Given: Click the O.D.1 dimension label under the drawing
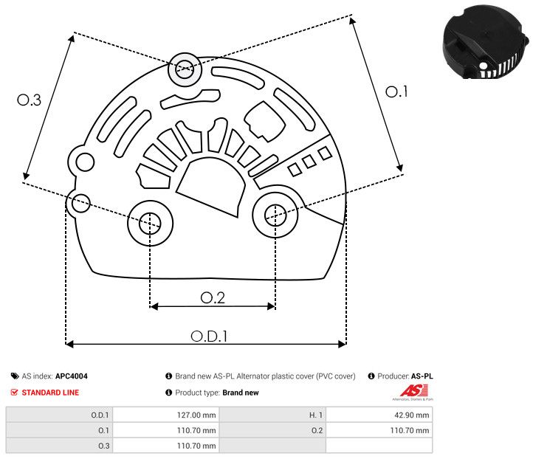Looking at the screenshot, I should coord(209,336).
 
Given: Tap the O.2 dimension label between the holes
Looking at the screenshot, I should coord(213,297).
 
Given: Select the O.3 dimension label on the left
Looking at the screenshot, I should coord(29,100).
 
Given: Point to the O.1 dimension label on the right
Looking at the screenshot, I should coord(396,92).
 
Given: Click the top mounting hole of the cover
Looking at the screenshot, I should coord(184,71).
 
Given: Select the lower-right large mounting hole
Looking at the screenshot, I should coord(275,215).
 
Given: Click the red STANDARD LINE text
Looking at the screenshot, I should coord(50,393).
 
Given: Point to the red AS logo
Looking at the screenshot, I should coord(410,390).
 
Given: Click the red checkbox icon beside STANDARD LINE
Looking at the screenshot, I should coord(15,393).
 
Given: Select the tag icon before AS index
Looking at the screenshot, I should coord(15,376).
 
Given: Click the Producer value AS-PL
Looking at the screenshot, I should coord(422,376).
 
